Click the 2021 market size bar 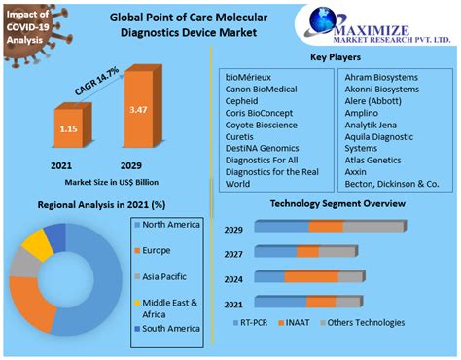[x=67, y=129]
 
